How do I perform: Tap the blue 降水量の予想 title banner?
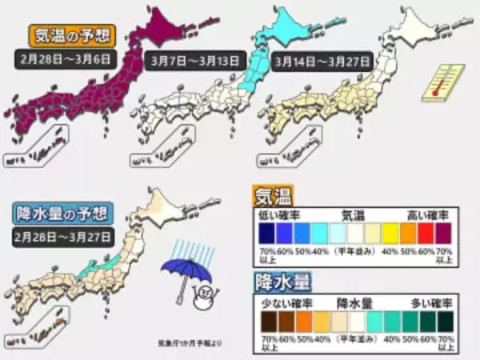coord(66,214)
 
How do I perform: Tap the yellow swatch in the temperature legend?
coord(390,233)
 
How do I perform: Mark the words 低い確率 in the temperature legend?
coord(274,216)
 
